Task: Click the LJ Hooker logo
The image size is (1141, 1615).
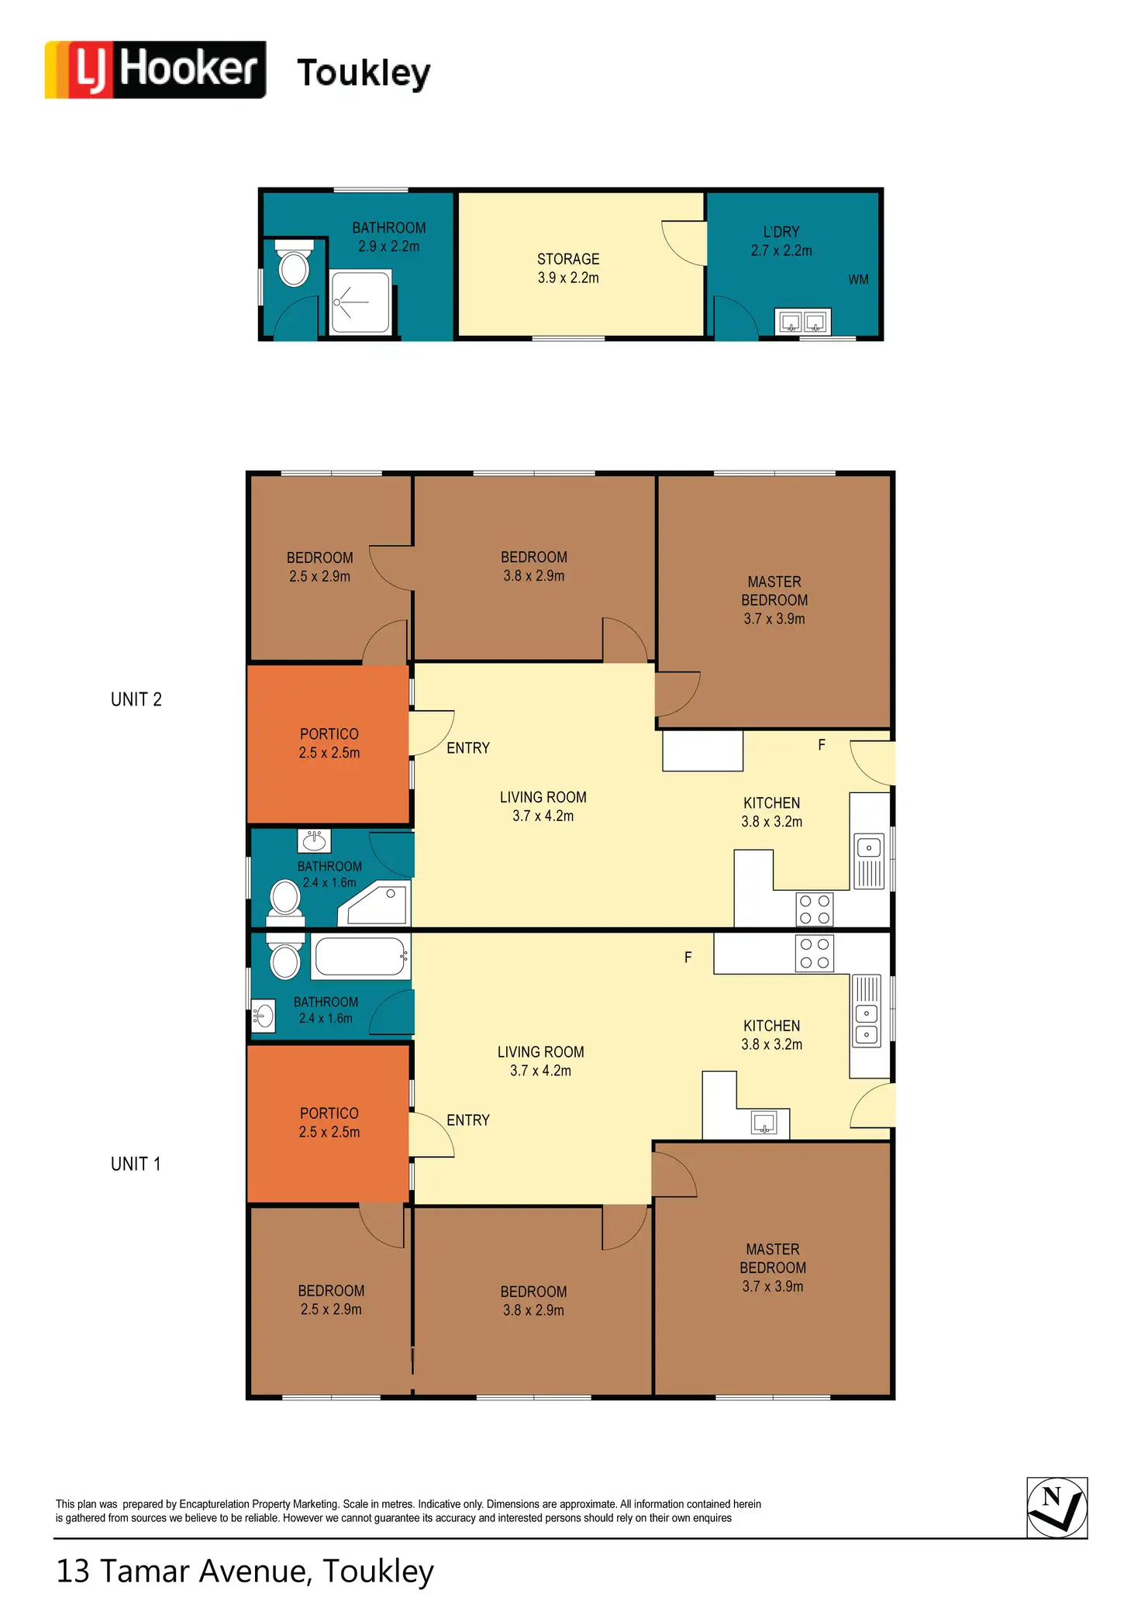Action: [155, 70]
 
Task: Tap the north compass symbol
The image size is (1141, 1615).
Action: [1057, 1507]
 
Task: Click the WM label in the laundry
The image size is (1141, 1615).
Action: [858, 280]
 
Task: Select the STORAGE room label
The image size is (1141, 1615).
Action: [568, 259]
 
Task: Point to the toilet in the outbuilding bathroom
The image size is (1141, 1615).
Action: [295, 263]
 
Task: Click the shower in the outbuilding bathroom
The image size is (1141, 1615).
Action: [360, 302]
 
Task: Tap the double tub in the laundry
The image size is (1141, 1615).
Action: [803, 322]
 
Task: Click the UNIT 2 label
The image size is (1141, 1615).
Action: [136, 699]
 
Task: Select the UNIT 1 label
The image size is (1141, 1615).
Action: [136, 1164]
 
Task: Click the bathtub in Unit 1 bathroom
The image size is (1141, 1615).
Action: [360, 957]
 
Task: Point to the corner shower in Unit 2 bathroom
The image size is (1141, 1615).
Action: [374, 903]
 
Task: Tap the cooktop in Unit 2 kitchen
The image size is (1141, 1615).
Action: [815, 909]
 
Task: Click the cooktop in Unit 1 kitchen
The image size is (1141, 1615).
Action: [815, 954]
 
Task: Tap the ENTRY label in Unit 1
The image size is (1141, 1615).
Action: [468, 1120]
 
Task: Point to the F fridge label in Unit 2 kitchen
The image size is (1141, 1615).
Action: [822, 745]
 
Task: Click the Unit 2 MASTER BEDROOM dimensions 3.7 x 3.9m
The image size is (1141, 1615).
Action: [774, 619]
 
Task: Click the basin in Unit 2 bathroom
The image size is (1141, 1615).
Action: [314, 840]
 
